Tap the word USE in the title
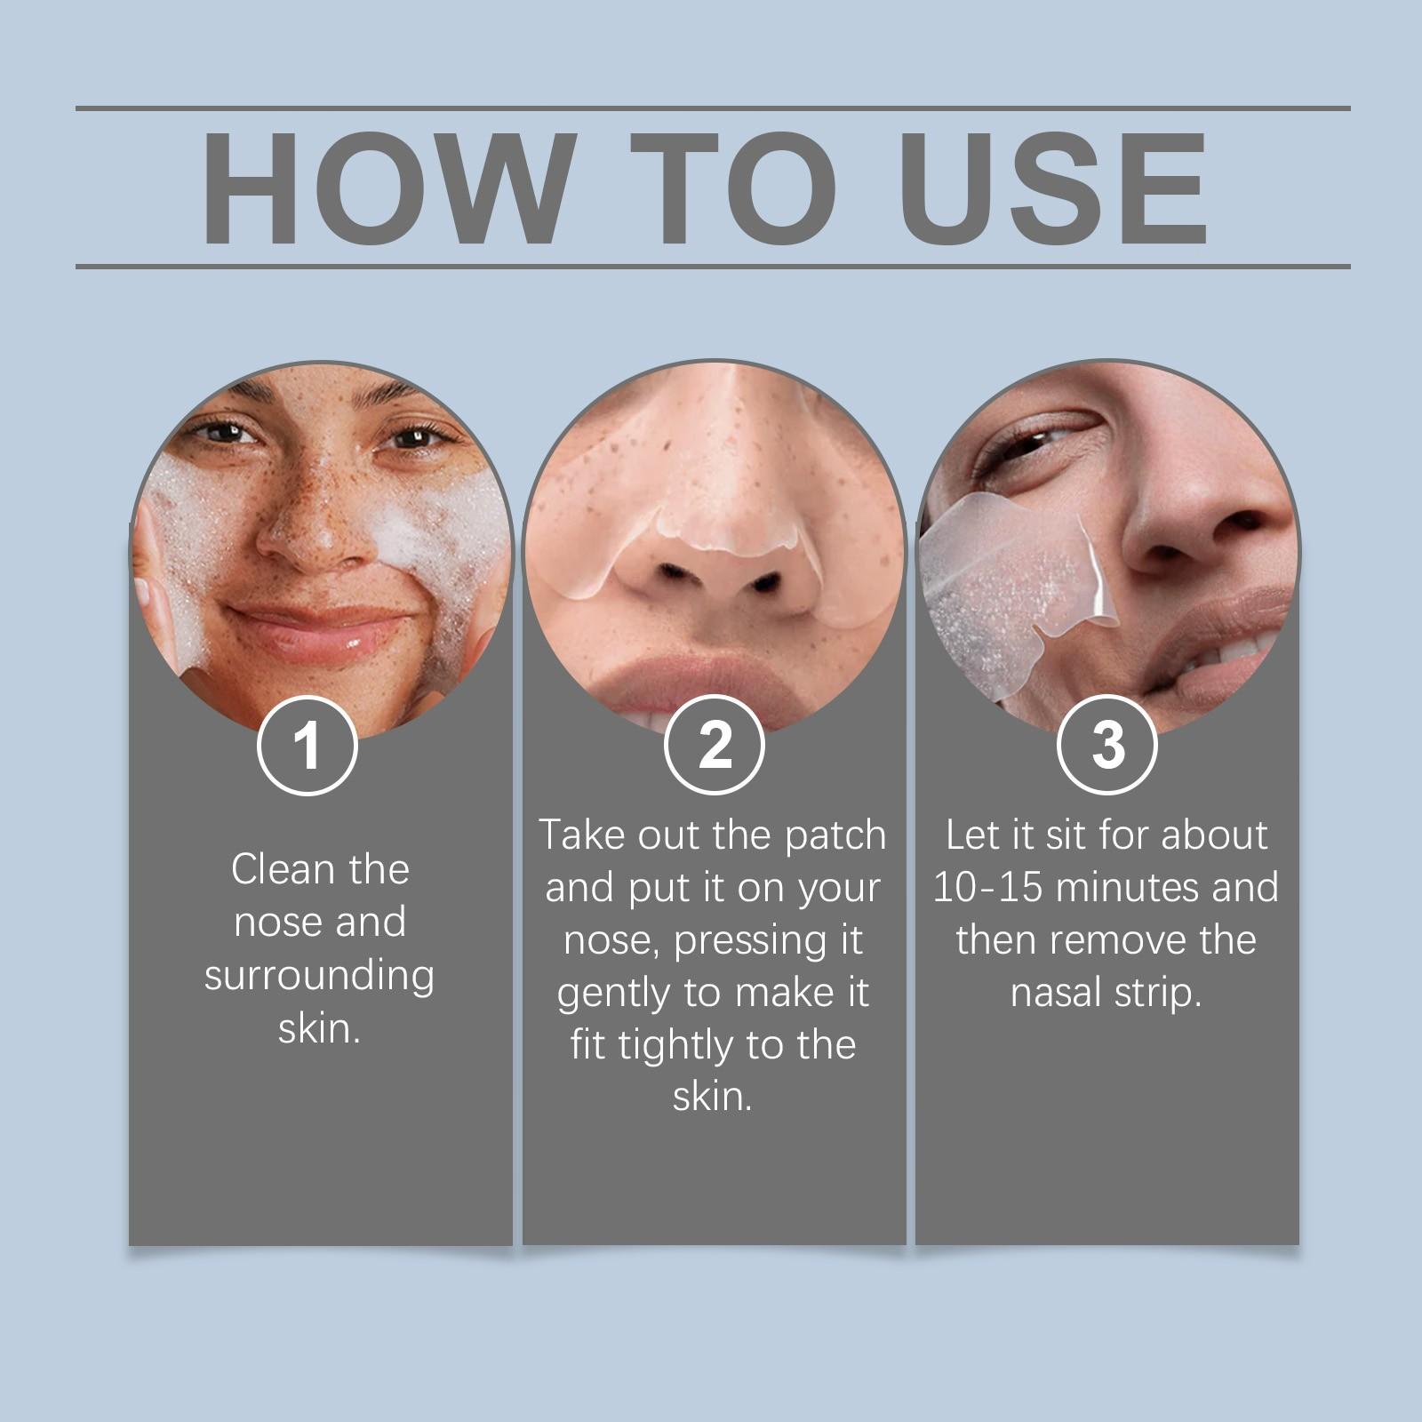coord(1054,188)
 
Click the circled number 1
coord(308,745)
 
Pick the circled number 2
coord(715,745)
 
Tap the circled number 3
coord(1107,745)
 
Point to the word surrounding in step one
coord(319,976)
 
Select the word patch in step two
coord(835,835)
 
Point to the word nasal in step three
coord(1056,993)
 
